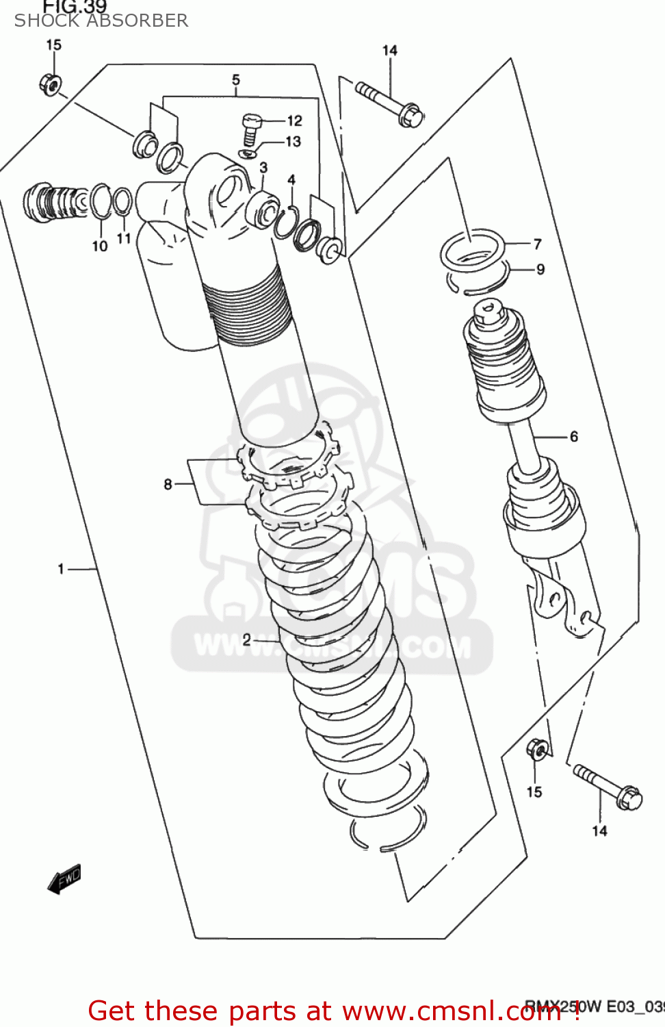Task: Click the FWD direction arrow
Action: (65, 879)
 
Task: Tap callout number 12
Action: (294, 121)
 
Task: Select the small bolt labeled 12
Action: (251, 128)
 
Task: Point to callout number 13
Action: (293, 142)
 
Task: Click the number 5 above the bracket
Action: (236, 80)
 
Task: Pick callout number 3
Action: (263, 168)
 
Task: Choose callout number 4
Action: (291, 180)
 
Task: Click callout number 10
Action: (100, 246)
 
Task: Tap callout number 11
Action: (124, 238)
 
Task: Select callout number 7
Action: (538, 244)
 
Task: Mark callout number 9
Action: (540, 270)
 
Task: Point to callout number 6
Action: (573, 436)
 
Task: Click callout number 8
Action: (168, 484)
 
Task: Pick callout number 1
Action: (61, 568)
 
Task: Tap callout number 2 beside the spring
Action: (247, 640)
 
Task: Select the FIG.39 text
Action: (75, 7)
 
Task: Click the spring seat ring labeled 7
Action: (472, 251)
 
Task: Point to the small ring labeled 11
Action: (122, 202)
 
